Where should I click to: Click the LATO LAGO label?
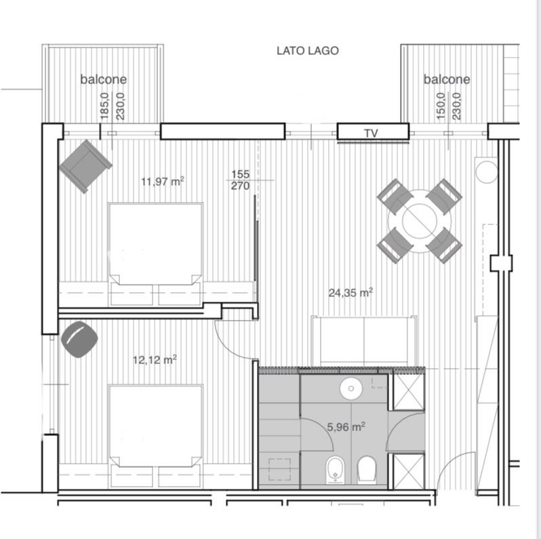click(x=307, y=51)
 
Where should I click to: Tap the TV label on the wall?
click(x=371, y=133)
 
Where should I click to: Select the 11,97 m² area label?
click(x=163, y=181)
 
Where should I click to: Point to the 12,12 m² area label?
click(x=155, y=359)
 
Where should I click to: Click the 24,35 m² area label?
click(x=350, y=293)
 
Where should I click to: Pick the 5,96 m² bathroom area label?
click(x=346, y=427)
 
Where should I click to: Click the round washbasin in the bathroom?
click(x=351, y=388)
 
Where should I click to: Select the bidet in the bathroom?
click(x=335, y=470)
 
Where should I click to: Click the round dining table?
click(x=420, y=221)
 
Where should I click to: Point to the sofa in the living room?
click(x=364, y=341)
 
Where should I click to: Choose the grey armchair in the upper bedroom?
click(x=85, y=166)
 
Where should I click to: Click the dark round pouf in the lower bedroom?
click(x=79, y=339)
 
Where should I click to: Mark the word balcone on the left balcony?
click(x=104, y=79)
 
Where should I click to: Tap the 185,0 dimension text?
click(x=104, y=106)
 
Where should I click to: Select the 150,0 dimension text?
click(x=441, y=106)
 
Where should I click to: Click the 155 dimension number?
click(x=241, y=174)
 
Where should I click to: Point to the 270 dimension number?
click(x=241, y=186)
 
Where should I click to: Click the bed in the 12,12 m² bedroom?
click(x=155, y=437)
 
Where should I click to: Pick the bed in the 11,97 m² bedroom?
click(x=155, y=254)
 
